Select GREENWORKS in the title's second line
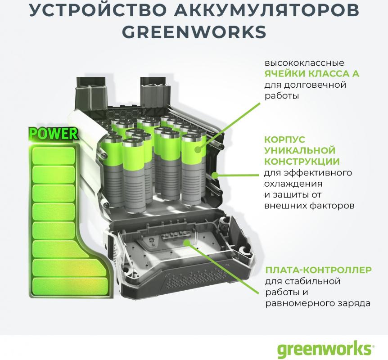[194, 31]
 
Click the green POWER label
[53, 134]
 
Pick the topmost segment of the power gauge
[54, 156]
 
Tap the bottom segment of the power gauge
[71, 286]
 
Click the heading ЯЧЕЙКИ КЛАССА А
[311, 74]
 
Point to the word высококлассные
[304, 63]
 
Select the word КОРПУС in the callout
[284, 139]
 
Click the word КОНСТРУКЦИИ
[302, 161]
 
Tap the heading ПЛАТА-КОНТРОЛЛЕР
[319, 270]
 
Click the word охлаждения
[293, 184]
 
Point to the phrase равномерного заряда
[318, 303]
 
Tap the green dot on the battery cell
[198, 149]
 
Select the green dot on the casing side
[216, 175]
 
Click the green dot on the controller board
[187, 242]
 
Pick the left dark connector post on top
[92, 93]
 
